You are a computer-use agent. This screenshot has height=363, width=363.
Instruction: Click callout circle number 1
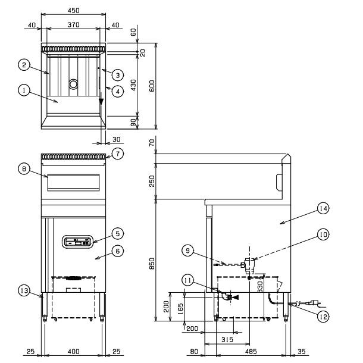tap(24, 90)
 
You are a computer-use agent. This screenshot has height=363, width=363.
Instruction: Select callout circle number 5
tap(118, 233)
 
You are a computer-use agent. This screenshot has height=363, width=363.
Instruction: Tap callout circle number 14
tap(323, 208)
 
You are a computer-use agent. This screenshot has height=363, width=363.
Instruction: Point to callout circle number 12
tap(323, 317)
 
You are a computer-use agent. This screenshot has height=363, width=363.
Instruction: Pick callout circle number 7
tap(118, 154)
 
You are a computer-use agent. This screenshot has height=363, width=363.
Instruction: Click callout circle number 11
tap(188, 280)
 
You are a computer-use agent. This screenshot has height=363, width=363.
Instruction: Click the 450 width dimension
tap(74, 11)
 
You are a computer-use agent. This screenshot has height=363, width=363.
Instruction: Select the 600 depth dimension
tap(152, 86)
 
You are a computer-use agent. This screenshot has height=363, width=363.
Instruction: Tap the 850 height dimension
tap(152, 264)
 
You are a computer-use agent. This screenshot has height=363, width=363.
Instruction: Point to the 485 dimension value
tap(251, 352)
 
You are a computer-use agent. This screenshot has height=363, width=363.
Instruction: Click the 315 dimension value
tap(227, 339)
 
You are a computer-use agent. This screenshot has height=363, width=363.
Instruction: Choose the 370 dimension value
tap(74, 24)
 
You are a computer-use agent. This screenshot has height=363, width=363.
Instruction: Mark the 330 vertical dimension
tap(261, 287)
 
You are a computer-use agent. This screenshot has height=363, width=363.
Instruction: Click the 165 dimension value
tap(180, 308)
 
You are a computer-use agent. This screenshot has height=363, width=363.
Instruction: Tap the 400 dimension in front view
tap(74, 352)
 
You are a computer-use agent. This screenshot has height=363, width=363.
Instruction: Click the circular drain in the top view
tap(73, 84)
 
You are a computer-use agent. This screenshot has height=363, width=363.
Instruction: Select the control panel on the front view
tap(77, 242)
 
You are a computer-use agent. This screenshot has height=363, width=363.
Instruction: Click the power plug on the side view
tap(313, 303)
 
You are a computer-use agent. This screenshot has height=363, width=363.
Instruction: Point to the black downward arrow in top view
tap(101, 101)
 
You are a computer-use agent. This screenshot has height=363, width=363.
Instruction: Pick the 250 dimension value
tap(152, 181)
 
